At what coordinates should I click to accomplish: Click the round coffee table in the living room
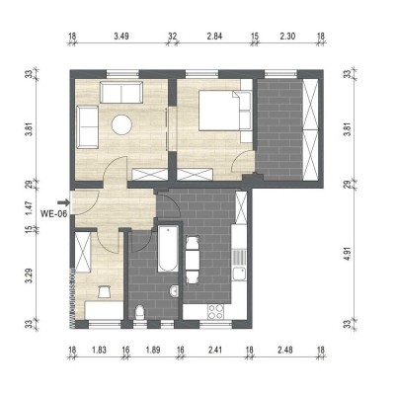(x=123, y=125)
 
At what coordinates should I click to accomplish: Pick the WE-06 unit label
(x=53, y=210)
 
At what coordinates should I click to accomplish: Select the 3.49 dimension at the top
(x=120, y=37)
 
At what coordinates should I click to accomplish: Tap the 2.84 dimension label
(x=214, y=37)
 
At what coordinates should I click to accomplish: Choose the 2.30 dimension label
(x=285, y=37)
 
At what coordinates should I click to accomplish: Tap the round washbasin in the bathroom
(x=174, y=290)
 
